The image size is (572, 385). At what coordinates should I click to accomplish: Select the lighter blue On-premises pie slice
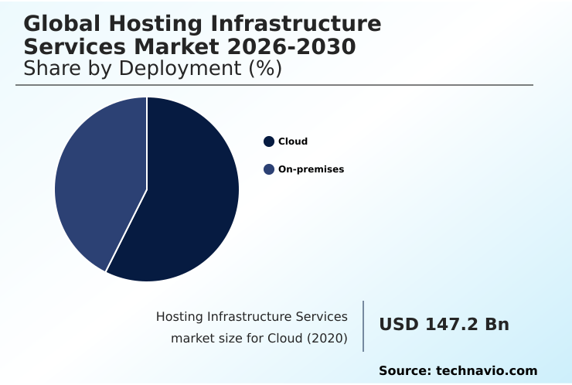[x=97, y=182]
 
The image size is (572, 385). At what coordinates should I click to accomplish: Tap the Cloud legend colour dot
[x=269, y=141]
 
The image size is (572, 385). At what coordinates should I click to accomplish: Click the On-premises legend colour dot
[x=269, y=169]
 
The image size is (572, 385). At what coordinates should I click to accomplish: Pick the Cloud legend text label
[x=293, y=141]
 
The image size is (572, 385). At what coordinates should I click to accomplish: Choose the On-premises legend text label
[x=311, y=169]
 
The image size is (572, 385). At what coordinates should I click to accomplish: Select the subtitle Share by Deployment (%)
[x=152, y=68]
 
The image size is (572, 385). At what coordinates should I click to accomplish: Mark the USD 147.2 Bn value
[x=444, y=325]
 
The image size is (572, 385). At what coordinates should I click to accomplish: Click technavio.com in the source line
[x=487, y=371]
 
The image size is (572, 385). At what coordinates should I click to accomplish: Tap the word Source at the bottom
[x=403, y=371]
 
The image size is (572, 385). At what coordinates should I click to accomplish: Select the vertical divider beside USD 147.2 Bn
[x=363, y=326]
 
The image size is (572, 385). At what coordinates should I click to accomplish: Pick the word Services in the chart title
[x=66, y=46]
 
